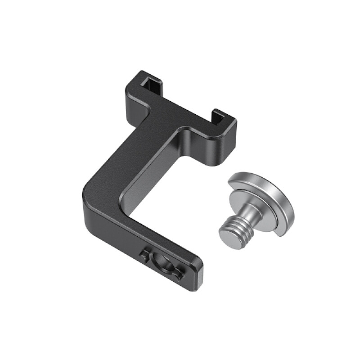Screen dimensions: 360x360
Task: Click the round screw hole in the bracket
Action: point(161,264)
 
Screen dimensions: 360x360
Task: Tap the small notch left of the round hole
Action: point(143,257)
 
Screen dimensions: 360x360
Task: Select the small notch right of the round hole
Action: point(179,273)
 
